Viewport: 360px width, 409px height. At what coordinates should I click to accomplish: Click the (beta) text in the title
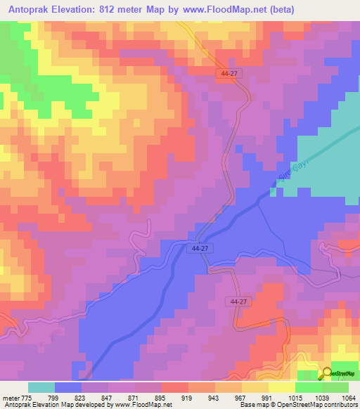click(x=279, y=9)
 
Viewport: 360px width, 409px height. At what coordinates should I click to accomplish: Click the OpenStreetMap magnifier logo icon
click(x=326, y=375)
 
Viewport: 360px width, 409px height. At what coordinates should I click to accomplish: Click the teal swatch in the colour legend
click(x=41, y=387)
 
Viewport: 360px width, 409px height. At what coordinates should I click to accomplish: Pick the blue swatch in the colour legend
click(x=68, y=387)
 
